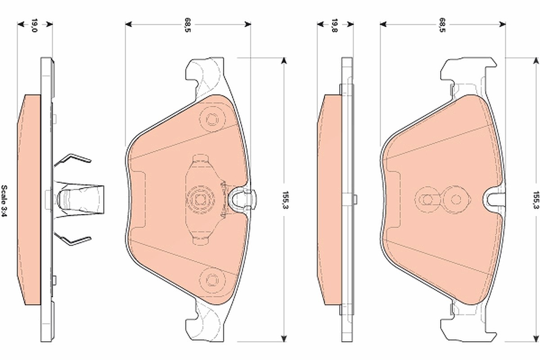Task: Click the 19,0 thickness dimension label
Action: click(x=35, y=25)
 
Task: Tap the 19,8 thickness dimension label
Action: click(x=335, y=25)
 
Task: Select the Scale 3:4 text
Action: click(x=4, y=201)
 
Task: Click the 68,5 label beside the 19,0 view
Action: click(x=188, y=25)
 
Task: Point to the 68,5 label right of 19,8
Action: click(x=442, y=25)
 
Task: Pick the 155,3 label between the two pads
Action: click(x=285, y=200)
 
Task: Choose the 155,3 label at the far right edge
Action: click(x=536, y=200)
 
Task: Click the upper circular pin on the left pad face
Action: click(x=212, y=119)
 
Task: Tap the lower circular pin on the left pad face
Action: click(x=212, y=279)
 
